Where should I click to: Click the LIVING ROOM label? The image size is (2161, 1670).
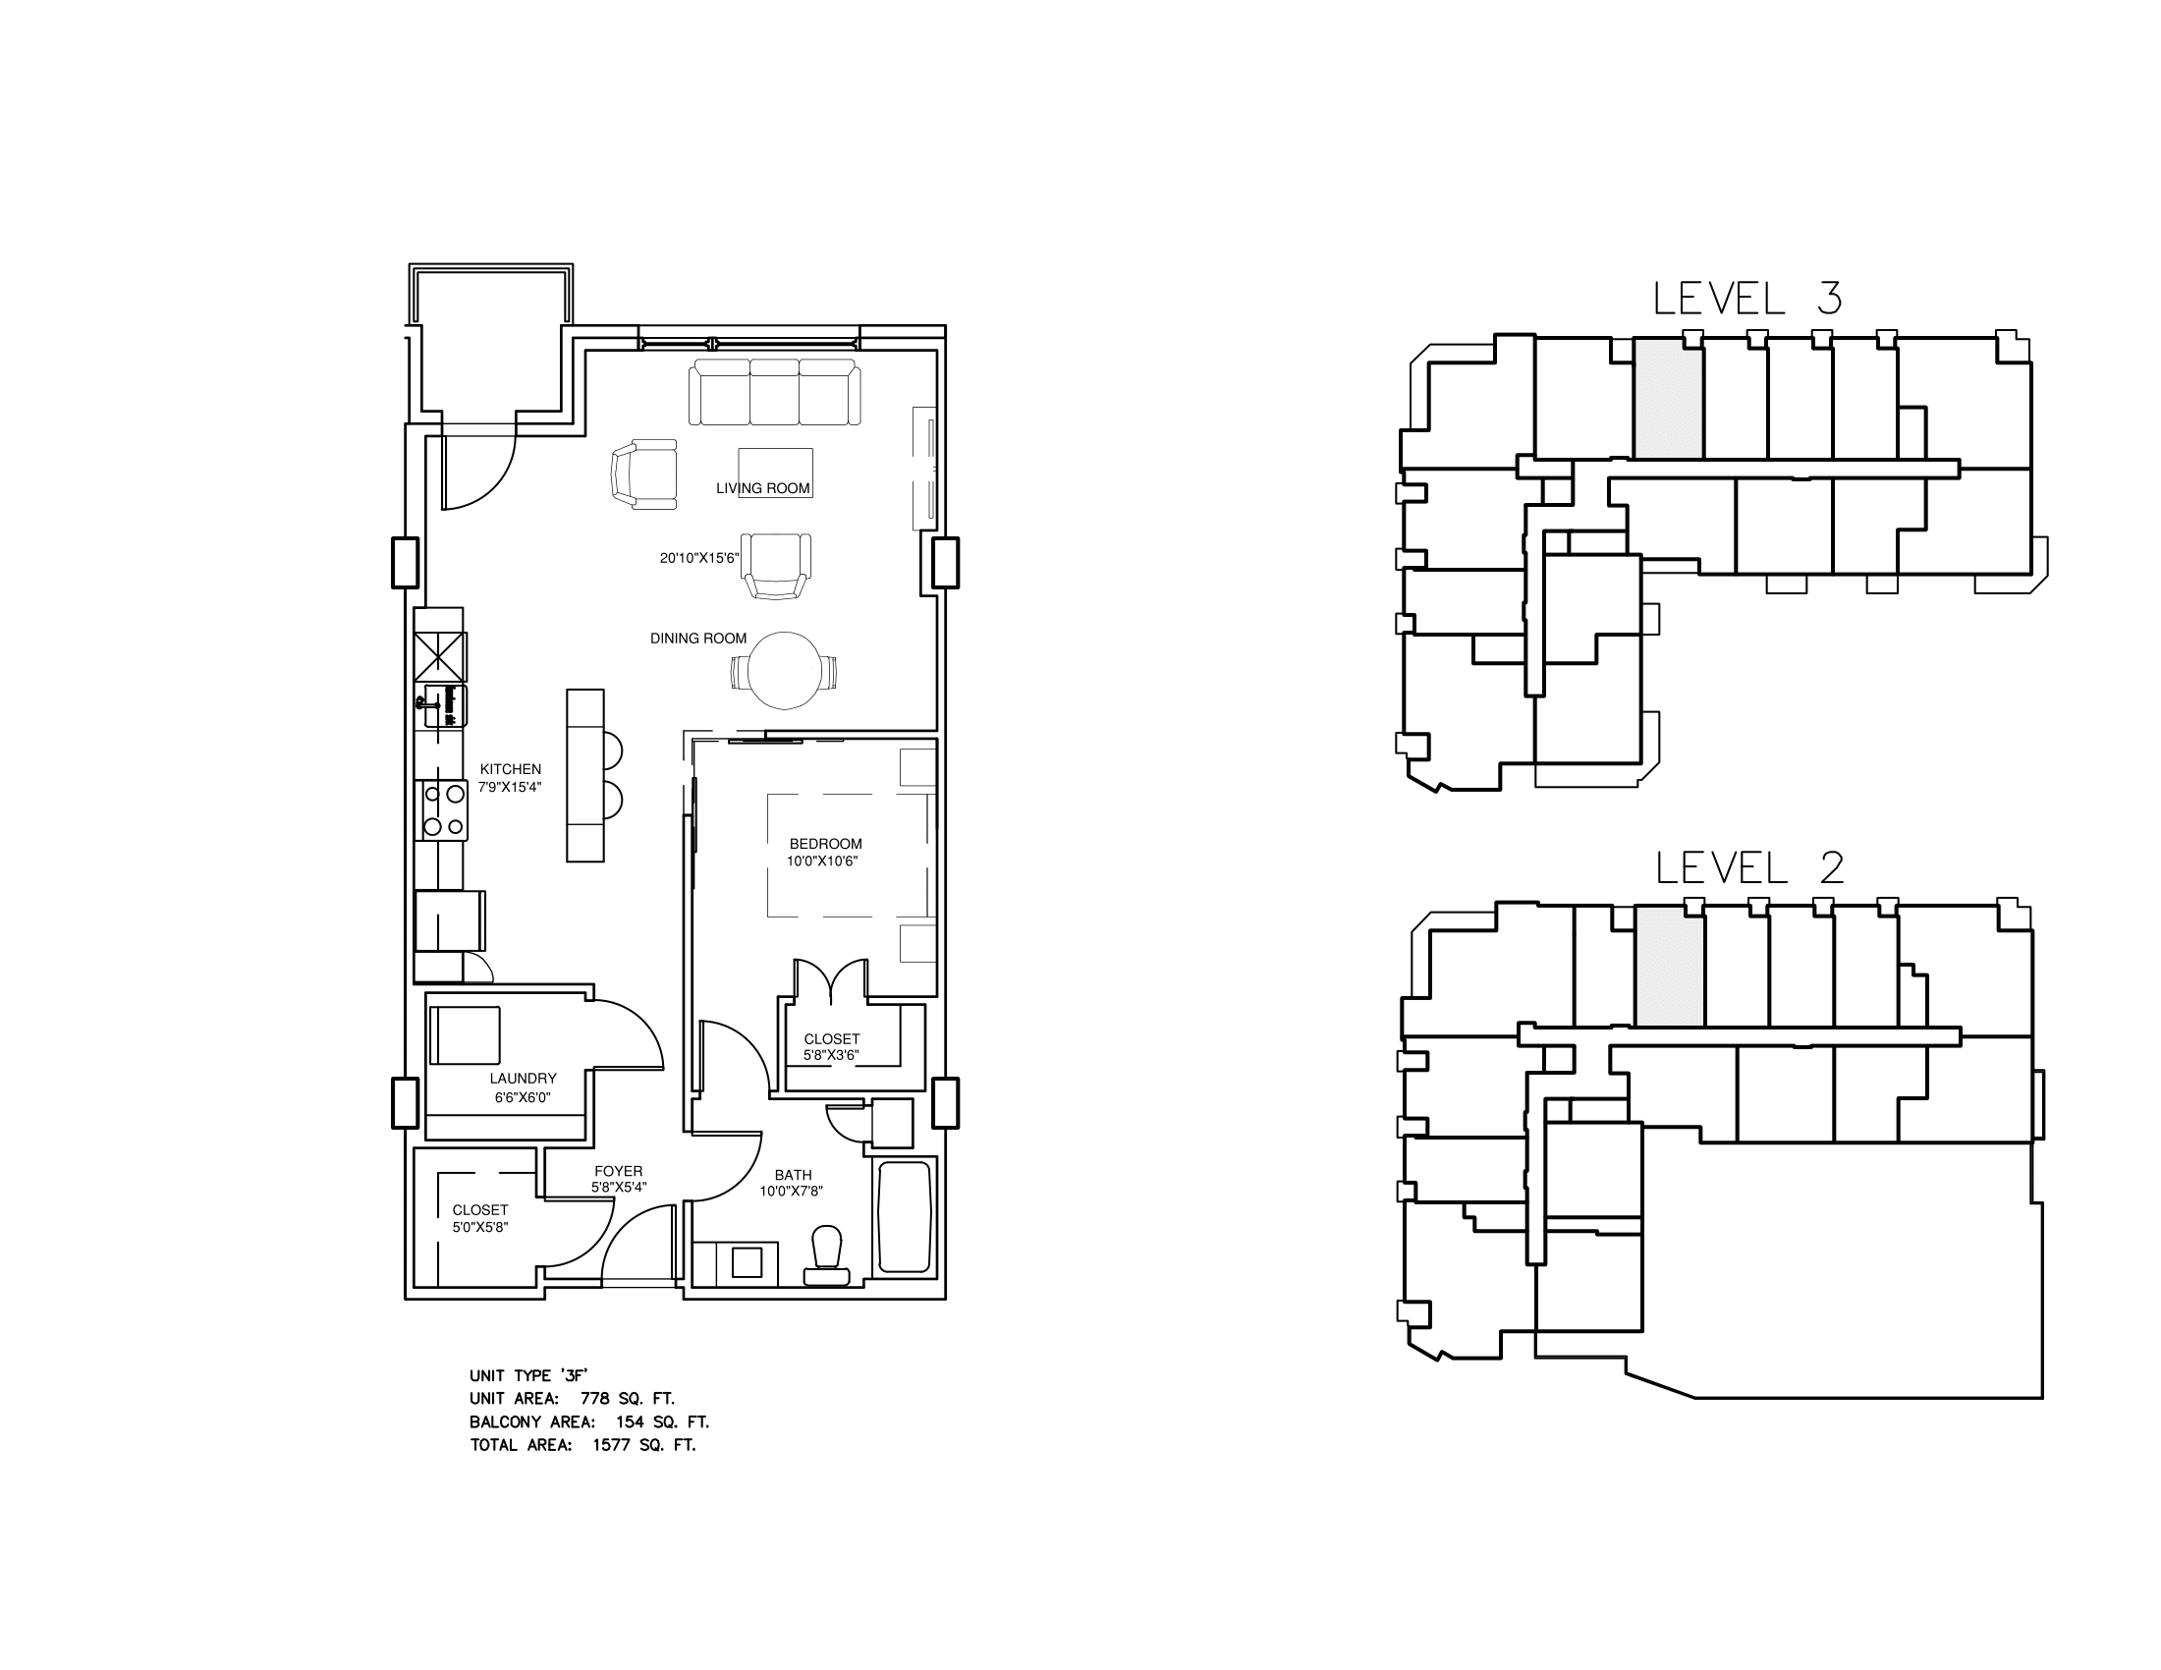pos(763,488)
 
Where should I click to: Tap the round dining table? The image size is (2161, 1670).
pos(785,671)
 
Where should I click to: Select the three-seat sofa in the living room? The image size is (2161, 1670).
pos(775,392)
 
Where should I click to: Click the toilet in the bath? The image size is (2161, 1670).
pos(826,1256)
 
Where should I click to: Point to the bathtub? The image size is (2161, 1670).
pos(905,1218)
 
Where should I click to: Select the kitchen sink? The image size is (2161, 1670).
pos(445,704)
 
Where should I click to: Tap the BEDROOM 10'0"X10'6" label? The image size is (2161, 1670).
pos(825,852)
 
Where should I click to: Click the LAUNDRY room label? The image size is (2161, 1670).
pos(523,1079)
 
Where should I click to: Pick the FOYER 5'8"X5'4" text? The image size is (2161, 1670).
pos(619,1179)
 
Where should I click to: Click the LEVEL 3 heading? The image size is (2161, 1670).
pos(1747,299)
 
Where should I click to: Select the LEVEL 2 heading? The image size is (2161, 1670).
pos(1749,867)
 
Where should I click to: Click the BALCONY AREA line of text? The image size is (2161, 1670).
pos(588,1421)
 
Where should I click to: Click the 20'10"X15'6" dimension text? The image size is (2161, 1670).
pos(698,558)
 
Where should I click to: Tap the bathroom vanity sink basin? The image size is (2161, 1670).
pos(748,1262)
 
